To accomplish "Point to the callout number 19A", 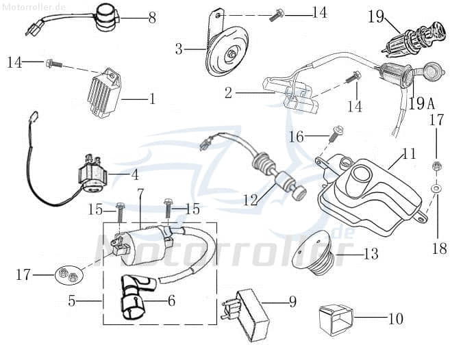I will (x=421, y=104).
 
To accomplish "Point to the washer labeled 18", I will (x=436, y=186).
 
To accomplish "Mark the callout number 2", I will (x=228, y=93).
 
